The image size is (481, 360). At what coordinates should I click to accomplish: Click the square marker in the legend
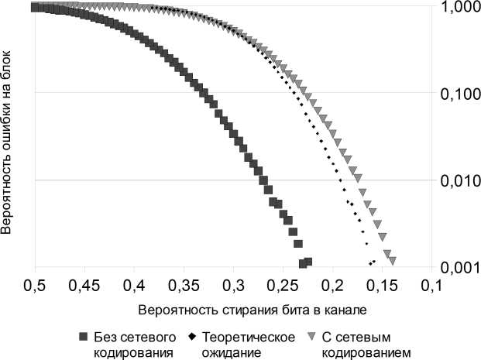(x=83, y=338)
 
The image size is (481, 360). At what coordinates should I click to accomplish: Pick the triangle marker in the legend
(x=310, y=338)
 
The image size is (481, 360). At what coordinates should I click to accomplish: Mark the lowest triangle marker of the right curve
(x=393, y=260)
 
